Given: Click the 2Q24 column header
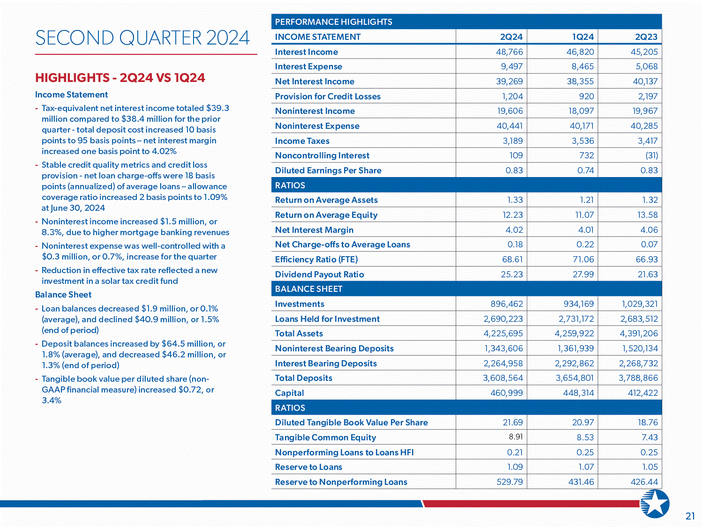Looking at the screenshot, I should point(511,37).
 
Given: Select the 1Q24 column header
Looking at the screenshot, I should point(583,37).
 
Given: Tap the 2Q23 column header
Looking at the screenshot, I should point(646,37).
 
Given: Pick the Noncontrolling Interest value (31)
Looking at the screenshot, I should point(651,156).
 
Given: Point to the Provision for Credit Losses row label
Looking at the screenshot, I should point(328,96).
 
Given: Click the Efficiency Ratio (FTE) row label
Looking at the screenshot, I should point(316,260).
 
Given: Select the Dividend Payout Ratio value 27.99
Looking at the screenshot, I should point(583,275).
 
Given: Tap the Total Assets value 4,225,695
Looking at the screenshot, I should point(503,334).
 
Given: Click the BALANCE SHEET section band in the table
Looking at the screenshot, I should point(308,289).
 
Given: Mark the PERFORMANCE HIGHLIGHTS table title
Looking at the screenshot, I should point(333,22).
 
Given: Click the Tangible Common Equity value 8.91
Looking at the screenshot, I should point(516,437).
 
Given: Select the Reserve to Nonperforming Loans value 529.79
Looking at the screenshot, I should point(509,482).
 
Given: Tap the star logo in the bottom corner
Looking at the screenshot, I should point(655,504).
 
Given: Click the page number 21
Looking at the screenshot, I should point(690,516).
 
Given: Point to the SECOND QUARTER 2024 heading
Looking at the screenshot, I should point(142,38).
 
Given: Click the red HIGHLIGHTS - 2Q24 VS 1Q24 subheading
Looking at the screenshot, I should point(120,78).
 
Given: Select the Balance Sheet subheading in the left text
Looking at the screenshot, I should point(63,295).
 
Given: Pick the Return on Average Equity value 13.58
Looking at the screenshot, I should point(647,215).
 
